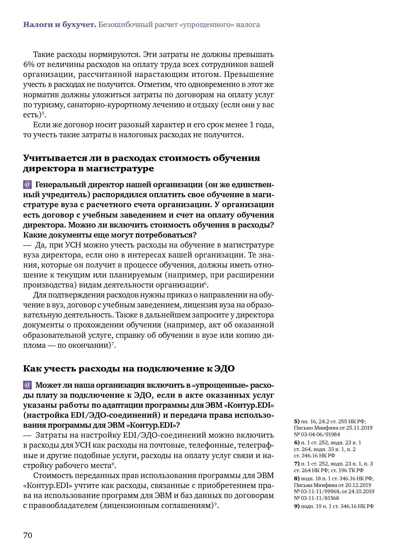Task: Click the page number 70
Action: coord(28,535)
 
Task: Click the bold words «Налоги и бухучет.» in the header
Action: coord(60,25)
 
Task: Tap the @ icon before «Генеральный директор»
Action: coord(27,184)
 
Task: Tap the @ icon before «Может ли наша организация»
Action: coord(27,385)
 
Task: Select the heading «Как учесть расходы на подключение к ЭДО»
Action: coord(129,369)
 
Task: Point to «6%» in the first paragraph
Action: coord(29,64)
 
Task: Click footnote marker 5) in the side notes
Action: coord(297,421)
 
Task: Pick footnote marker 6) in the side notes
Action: coord(297,443)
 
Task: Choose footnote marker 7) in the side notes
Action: coord(297,464)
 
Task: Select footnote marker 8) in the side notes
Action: coord(297,478)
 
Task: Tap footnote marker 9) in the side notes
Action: coord(297,506)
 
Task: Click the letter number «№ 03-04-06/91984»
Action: coord(317,434)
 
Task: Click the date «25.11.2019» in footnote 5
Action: coord(359,428)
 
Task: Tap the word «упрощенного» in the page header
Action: coord(207,25)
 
